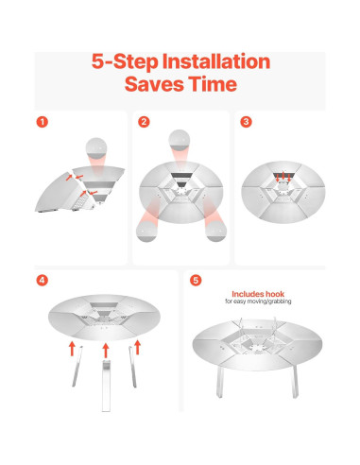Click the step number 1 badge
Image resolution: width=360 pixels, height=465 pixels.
[43, 122]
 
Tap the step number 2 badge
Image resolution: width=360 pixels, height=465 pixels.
[144, 122]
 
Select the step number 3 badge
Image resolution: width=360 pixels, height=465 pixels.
[246, 122]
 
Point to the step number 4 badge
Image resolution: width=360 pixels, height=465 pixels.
[43, 280]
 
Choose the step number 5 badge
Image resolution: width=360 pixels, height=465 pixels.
[196, 280]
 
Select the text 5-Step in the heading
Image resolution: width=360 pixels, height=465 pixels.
[125, 61]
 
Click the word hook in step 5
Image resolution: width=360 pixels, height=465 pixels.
[275, 294]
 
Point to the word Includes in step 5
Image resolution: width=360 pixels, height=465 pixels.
[248, 294]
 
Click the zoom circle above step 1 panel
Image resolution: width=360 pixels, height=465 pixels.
[96, 148]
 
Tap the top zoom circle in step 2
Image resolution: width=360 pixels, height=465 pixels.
[180, 140]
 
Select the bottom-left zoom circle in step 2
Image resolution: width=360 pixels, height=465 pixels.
[146, 232]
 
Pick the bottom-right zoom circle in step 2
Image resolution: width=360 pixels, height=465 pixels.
[215, 231]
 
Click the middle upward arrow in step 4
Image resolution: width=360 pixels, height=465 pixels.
[106, 351]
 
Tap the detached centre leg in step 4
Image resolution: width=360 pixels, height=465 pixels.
[106, 386]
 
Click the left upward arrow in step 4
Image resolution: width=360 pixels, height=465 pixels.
[72, 349]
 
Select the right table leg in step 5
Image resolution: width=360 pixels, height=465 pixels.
[294, 382]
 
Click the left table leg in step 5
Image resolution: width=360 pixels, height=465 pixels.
[220, 382]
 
